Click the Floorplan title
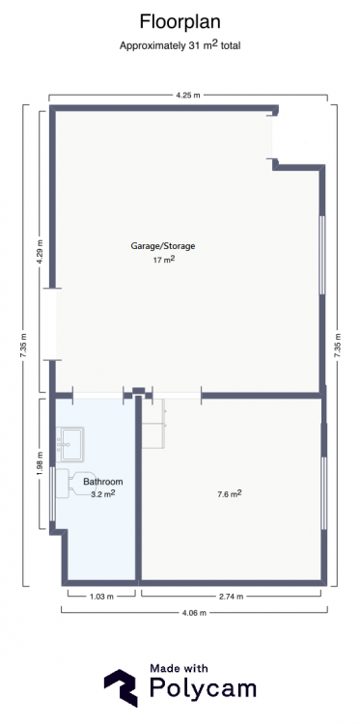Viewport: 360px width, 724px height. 180,22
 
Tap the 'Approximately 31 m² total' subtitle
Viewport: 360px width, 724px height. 180,45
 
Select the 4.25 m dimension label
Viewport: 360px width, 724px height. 188,96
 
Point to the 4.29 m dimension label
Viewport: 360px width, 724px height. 41,252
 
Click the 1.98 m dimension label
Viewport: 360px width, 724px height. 41,463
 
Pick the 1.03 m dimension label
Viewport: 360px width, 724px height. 101,597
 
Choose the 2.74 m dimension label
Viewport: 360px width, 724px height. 231,597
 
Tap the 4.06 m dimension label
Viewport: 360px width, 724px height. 194,613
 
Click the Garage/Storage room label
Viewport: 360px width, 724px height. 163,246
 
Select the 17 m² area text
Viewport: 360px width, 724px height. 164,260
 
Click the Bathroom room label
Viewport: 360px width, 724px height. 103,482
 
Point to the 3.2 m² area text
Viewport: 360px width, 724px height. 103,493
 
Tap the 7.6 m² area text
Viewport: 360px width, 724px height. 230,494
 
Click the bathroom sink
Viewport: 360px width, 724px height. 70,444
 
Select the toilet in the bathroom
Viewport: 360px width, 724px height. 75,484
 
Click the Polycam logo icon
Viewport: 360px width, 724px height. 121,687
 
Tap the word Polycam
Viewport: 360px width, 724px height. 203,688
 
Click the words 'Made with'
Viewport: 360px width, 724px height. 179,668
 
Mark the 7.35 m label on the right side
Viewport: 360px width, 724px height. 338,346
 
